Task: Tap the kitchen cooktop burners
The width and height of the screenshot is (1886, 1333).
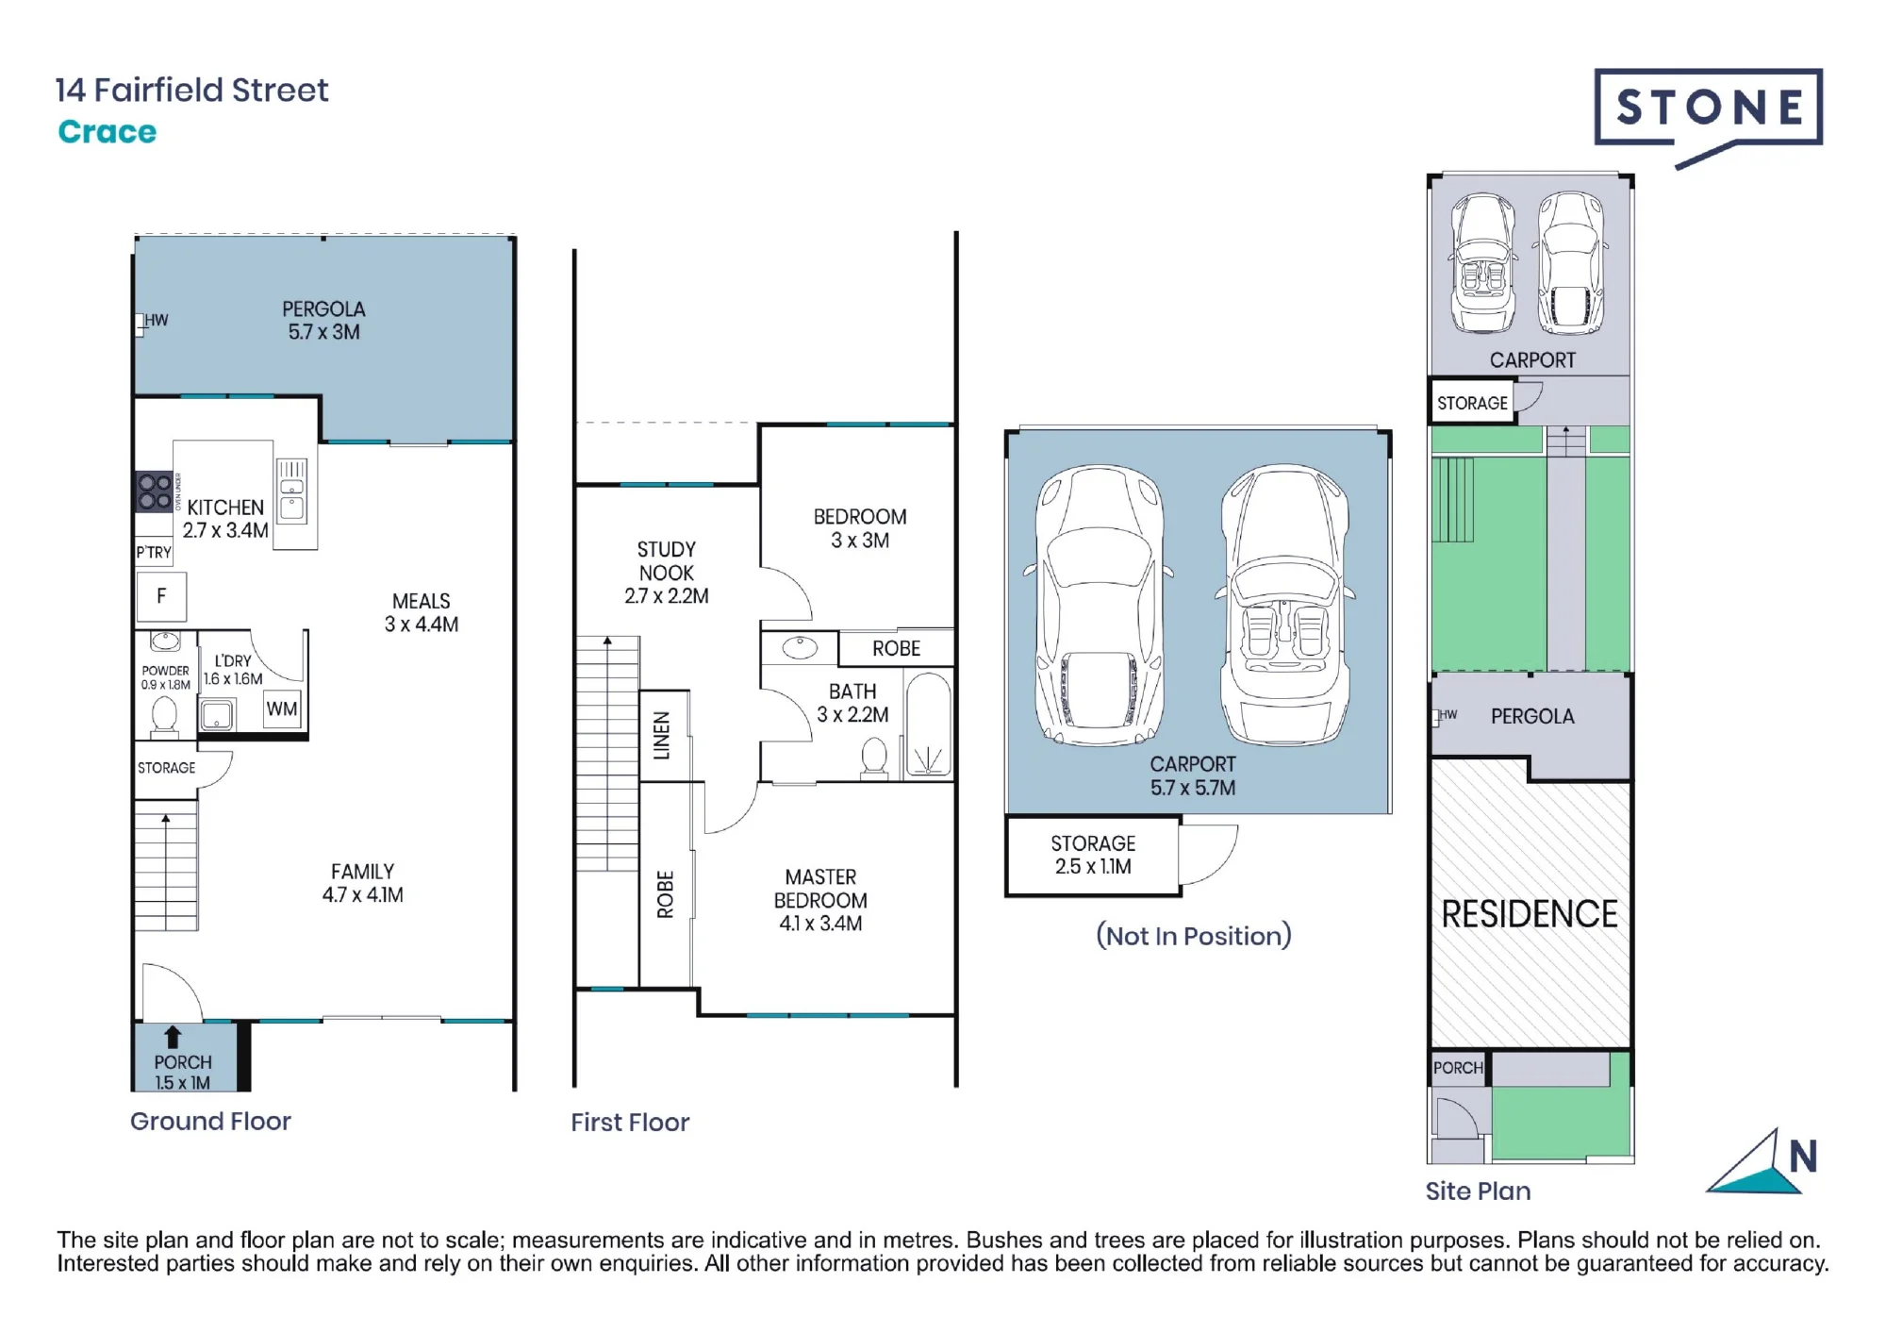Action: tap(155, 492)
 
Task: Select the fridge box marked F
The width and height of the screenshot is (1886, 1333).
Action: tap(161, 596)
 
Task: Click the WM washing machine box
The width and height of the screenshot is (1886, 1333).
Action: tap(282, 709)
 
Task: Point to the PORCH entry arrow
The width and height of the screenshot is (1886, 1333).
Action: tap(173, 1038)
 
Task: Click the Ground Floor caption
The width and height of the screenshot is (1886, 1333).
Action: tap(210, 1121)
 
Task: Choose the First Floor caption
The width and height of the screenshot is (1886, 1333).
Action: tap(630, 1122)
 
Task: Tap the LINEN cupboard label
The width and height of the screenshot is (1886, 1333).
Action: tap(662, 736)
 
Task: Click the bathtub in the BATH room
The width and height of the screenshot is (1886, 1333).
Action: tap(928, 724)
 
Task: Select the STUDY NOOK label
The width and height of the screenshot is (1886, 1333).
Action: tap(667, 561)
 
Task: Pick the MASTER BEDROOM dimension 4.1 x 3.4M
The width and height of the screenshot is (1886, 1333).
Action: tap(820, 924)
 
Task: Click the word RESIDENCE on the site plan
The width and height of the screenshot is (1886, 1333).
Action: tap(1530, 914)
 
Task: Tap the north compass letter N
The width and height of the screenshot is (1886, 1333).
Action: tap(1803, 1157)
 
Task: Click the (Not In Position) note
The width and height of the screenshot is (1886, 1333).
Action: tap(1194, 936)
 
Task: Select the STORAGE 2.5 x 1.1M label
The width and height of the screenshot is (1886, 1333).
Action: tap(1093, 855)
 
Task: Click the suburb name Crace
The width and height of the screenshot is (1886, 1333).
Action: tap(108, 132)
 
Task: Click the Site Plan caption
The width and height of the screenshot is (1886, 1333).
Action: tap(1478, 1191)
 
